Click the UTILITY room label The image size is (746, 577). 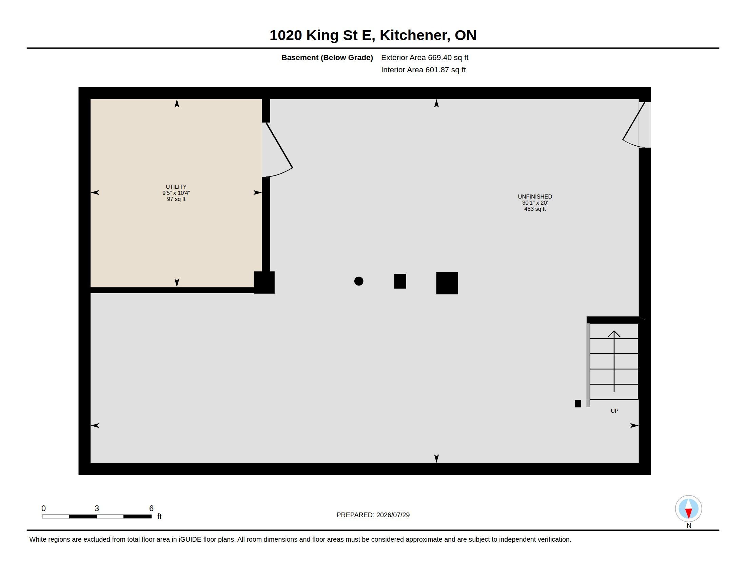[x=176, y=187]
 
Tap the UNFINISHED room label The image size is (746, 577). [x=534, y=197]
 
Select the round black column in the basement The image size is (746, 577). [x=359, y=281]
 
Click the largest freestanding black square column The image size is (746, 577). [x=447, y=283]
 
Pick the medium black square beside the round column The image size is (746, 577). [x=400, y=281]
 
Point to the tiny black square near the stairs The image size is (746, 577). [x=577, y=404]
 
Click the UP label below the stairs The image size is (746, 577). [x=614, y=411]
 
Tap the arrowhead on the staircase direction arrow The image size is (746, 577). [x=614, y=334]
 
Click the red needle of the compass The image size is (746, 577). [x=688, y=513]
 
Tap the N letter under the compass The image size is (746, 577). [x=689, y=526]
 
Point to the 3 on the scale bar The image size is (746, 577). [x=97, y=508]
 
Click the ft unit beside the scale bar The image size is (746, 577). [x=159, y=517]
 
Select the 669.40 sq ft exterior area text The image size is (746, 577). [x=448, y=57]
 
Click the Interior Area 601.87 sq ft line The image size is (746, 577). [x=423, y=70]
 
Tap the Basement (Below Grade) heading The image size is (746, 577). [x=327, y=57]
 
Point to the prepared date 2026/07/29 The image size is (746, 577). [x=393, y=515]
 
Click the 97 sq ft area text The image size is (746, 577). [x=176, y=199]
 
